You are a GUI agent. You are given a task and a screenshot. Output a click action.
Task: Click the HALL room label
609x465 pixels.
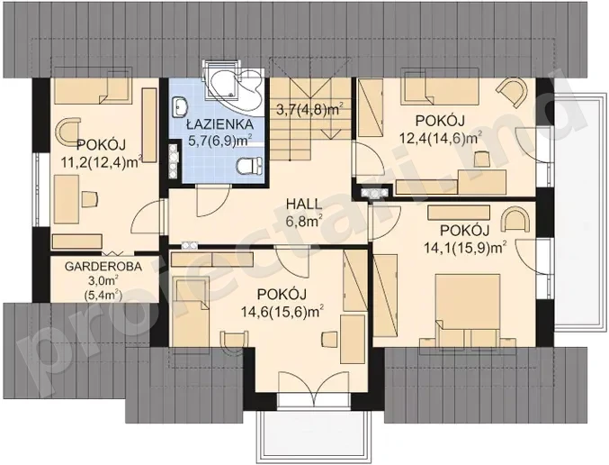(x=304, y=204)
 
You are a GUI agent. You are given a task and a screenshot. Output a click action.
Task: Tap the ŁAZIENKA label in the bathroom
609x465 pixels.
(x=219, y=124)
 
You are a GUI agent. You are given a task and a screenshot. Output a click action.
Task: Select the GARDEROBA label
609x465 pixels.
(x=103, y=267)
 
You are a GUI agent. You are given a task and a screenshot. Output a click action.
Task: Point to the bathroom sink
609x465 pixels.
(x=179, y=106)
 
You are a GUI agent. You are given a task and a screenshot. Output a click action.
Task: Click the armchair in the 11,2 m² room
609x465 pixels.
(x=67, y=132)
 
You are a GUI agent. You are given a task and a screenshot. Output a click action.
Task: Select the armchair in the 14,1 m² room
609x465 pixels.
(x=515, y=221)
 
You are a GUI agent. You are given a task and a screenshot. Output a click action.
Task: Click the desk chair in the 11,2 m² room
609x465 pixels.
(x=89, y=199)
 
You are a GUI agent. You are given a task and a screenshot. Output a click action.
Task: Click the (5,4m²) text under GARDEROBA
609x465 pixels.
(x=103, y=296)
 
